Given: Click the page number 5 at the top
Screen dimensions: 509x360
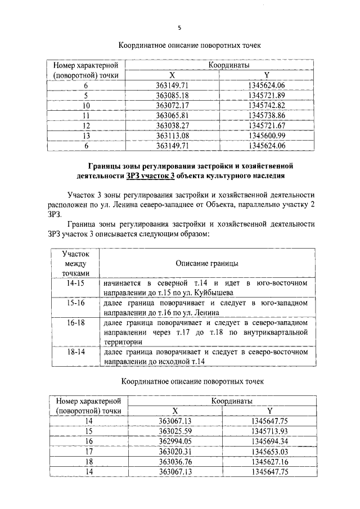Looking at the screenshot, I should [x=179, y=27].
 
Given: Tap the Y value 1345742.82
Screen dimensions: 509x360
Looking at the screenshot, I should [x=266, y=105].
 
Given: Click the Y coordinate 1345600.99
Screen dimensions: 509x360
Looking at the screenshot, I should [x=266, y=135].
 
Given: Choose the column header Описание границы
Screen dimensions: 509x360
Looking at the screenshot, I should [x=206, y=263].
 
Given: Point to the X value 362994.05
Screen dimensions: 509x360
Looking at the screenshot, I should [x=175, y=441].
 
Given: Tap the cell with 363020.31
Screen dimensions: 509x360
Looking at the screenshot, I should [x=175, y=451].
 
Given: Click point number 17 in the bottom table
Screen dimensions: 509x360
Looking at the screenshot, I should [x=88, y=451].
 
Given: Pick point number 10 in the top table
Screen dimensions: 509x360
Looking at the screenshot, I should [x=86, y=105].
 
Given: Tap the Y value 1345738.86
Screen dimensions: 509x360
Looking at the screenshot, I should [x=266, y=115].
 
